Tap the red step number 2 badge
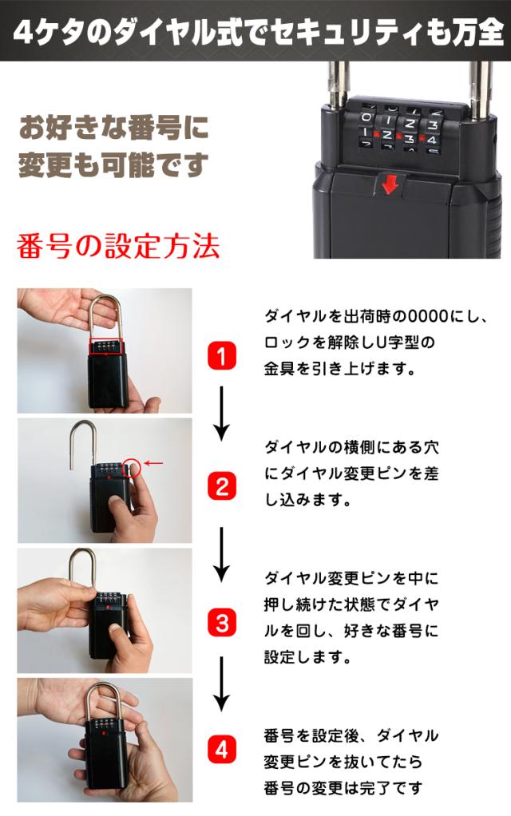pyautogui.click(x=222, y=486)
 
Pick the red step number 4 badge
pyautogui.click(x=222, y=750)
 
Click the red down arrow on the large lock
pyautogui.click(x=390, y=184)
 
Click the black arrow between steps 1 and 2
pyautogui.click(x=222, y=413)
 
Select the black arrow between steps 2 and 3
pyautogui.click(x=222, y=553)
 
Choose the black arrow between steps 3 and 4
pyautogui.click(x=222, y=685)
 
